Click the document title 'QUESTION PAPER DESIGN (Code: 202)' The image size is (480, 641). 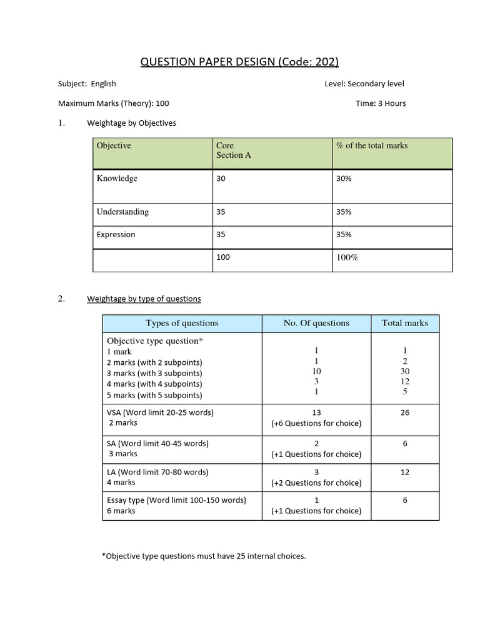pos(239,61)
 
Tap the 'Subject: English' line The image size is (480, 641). pos(87,84)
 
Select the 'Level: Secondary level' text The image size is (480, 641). pos(364,84)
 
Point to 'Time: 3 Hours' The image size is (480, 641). pos(381,103)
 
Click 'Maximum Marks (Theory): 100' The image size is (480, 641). pos(113,103)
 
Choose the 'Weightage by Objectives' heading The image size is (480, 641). pos(131,123)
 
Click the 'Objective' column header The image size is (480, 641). pos(114,145)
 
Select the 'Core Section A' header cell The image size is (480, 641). pos(233,150)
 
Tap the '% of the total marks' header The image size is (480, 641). pos(371,145)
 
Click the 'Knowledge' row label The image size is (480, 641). pos(117,178)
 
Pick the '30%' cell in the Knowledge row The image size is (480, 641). pos(344,178)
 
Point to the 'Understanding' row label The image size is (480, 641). pos(122,212)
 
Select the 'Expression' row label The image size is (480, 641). pos(116,235)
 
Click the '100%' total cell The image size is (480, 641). pos(347,257)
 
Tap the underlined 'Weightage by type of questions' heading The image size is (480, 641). pos(144,299)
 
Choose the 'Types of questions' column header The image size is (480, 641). pos(182,323)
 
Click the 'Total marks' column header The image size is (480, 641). pos(405,323)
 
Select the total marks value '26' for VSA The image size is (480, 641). pos(405,413)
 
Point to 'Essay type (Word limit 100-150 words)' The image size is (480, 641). pos(176,500)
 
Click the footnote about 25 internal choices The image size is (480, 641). pos(204,556)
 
